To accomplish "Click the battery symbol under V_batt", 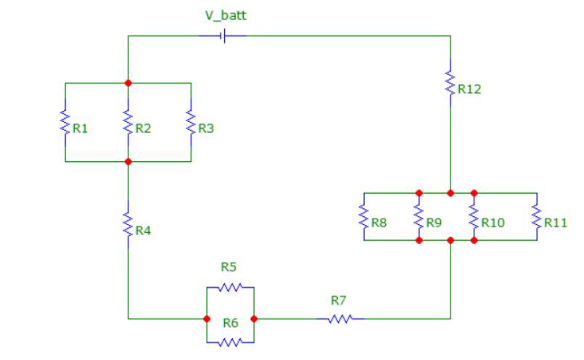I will (x=223, y=36).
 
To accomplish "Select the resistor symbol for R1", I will (x=65, y=122).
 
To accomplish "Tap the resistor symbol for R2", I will (x=128, y=122).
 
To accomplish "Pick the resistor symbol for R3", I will (x=191, y=122).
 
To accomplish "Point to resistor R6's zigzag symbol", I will (x=230, y=343).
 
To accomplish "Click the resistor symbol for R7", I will (x=340, y=318).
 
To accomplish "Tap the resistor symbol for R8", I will (x=363, y=216).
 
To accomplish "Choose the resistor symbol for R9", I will (x=419, y=216).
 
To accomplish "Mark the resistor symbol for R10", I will (x=474, y=216).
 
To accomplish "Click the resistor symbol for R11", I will (x=536, y=216).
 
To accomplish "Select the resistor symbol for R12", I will (x=450, y=83).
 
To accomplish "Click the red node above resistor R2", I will (x=128, y=83).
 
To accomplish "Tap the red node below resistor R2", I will (x=128, y=161).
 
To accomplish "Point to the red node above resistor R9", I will (x=419, y=193).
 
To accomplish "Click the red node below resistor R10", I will (x=474, y=240).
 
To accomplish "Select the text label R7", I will (x=338, y=300).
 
